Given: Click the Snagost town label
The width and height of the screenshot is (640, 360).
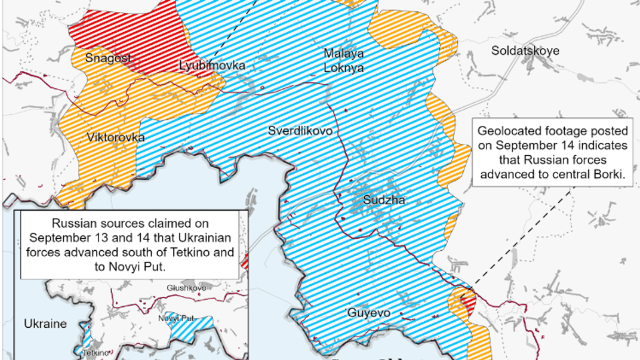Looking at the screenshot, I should coord(108,58).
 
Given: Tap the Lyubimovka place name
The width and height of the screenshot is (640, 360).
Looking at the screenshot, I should coord(212,66).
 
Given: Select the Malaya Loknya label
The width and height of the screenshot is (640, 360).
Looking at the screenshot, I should coord(344,60).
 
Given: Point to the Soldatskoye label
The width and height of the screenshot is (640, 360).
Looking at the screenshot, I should coord(525,51).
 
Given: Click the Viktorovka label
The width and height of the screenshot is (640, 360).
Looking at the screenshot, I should coord(116,137).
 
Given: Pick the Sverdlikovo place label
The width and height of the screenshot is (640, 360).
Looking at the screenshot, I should coord(300,131).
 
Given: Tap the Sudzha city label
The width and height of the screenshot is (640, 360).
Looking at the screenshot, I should coord(384,200).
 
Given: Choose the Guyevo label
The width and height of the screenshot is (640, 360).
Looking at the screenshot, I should coord(368,313).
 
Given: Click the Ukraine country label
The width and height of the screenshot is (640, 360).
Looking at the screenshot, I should coord(45,324).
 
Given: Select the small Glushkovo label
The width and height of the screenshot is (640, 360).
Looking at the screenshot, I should coord(186,288).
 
